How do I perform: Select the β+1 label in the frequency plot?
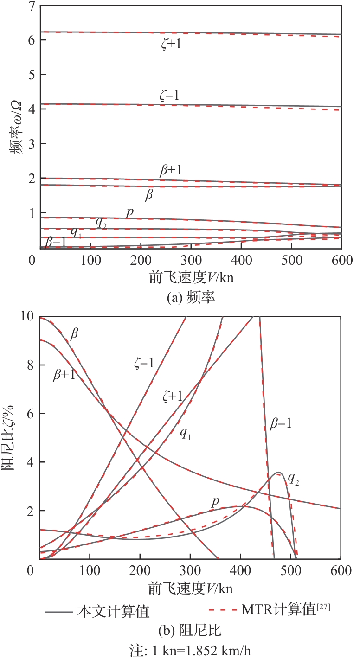tap(170, 171)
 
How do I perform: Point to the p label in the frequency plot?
tap(130, 211)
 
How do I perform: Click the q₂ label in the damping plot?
tap(293, 479)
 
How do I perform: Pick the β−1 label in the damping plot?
tap(281, 422)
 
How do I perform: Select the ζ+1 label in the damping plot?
tap(172, 396)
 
